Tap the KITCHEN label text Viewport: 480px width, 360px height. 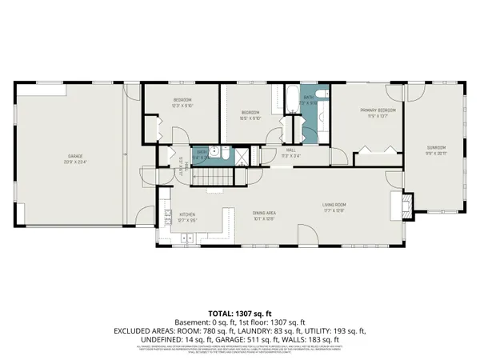pyautogui.click(x=187, y=214)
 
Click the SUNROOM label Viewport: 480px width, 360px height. pyautogui.click(x=436, y=146)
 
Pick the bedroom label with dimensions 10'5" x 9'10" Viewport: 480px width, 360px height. pyautogui.click(x=250, y=113)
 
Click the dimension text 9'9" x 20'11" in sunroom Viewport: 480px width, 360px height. pyautogui.click(x=436, y=152)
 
